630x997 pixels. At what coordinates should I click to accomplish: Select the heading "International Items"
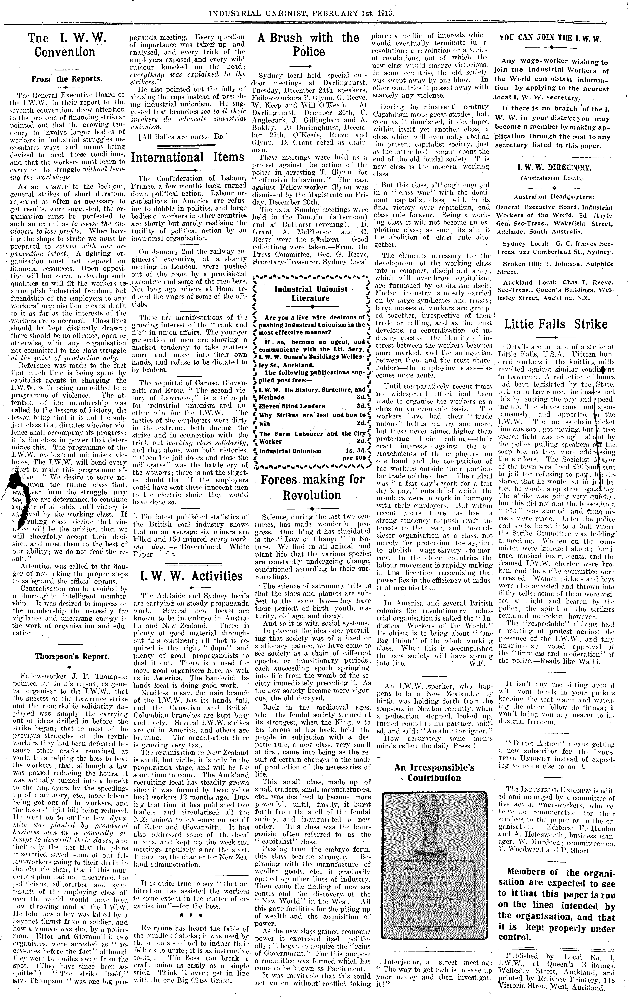point(187,157)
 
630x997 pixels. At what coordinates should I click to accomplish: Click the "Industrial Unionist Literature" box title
point(311,294)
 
